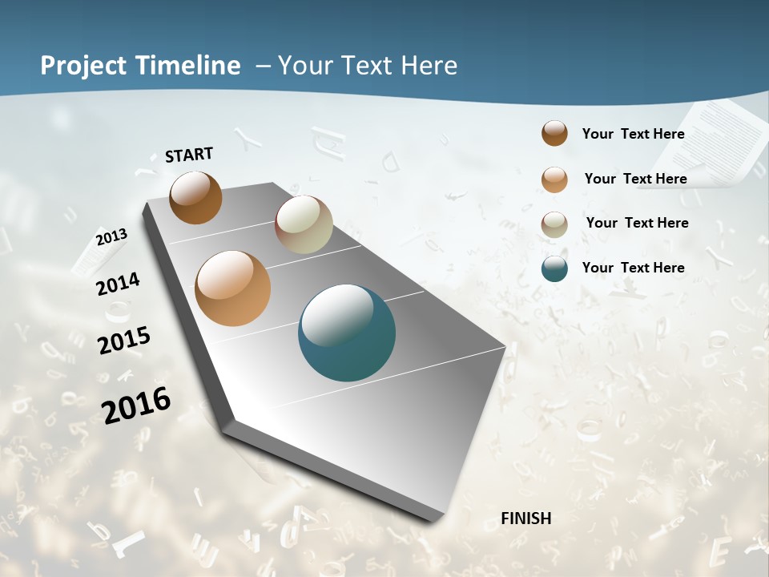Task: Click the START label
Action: point(189,155)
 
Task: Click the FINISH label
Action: point(526,518)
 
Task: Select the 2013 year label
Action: point(111,237)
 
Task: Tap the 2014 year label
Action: point(118,284)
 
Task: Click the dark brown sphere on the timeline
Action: point(195,197)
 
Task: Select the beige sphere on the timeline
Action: point(304,224)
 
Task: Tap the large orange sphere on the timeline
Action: point(232,288)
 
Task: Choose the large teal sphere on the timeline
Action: point(347,333)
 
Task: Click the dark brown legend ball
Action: point(554,134)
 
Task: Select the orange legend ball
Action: point(554,179)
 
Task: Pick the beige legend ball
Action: point(554,224)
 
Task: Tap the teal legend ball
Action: point(554,268)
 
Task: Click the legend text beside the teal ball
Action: point(633,268)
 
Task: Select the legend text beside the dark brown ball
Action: point(633,134)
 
